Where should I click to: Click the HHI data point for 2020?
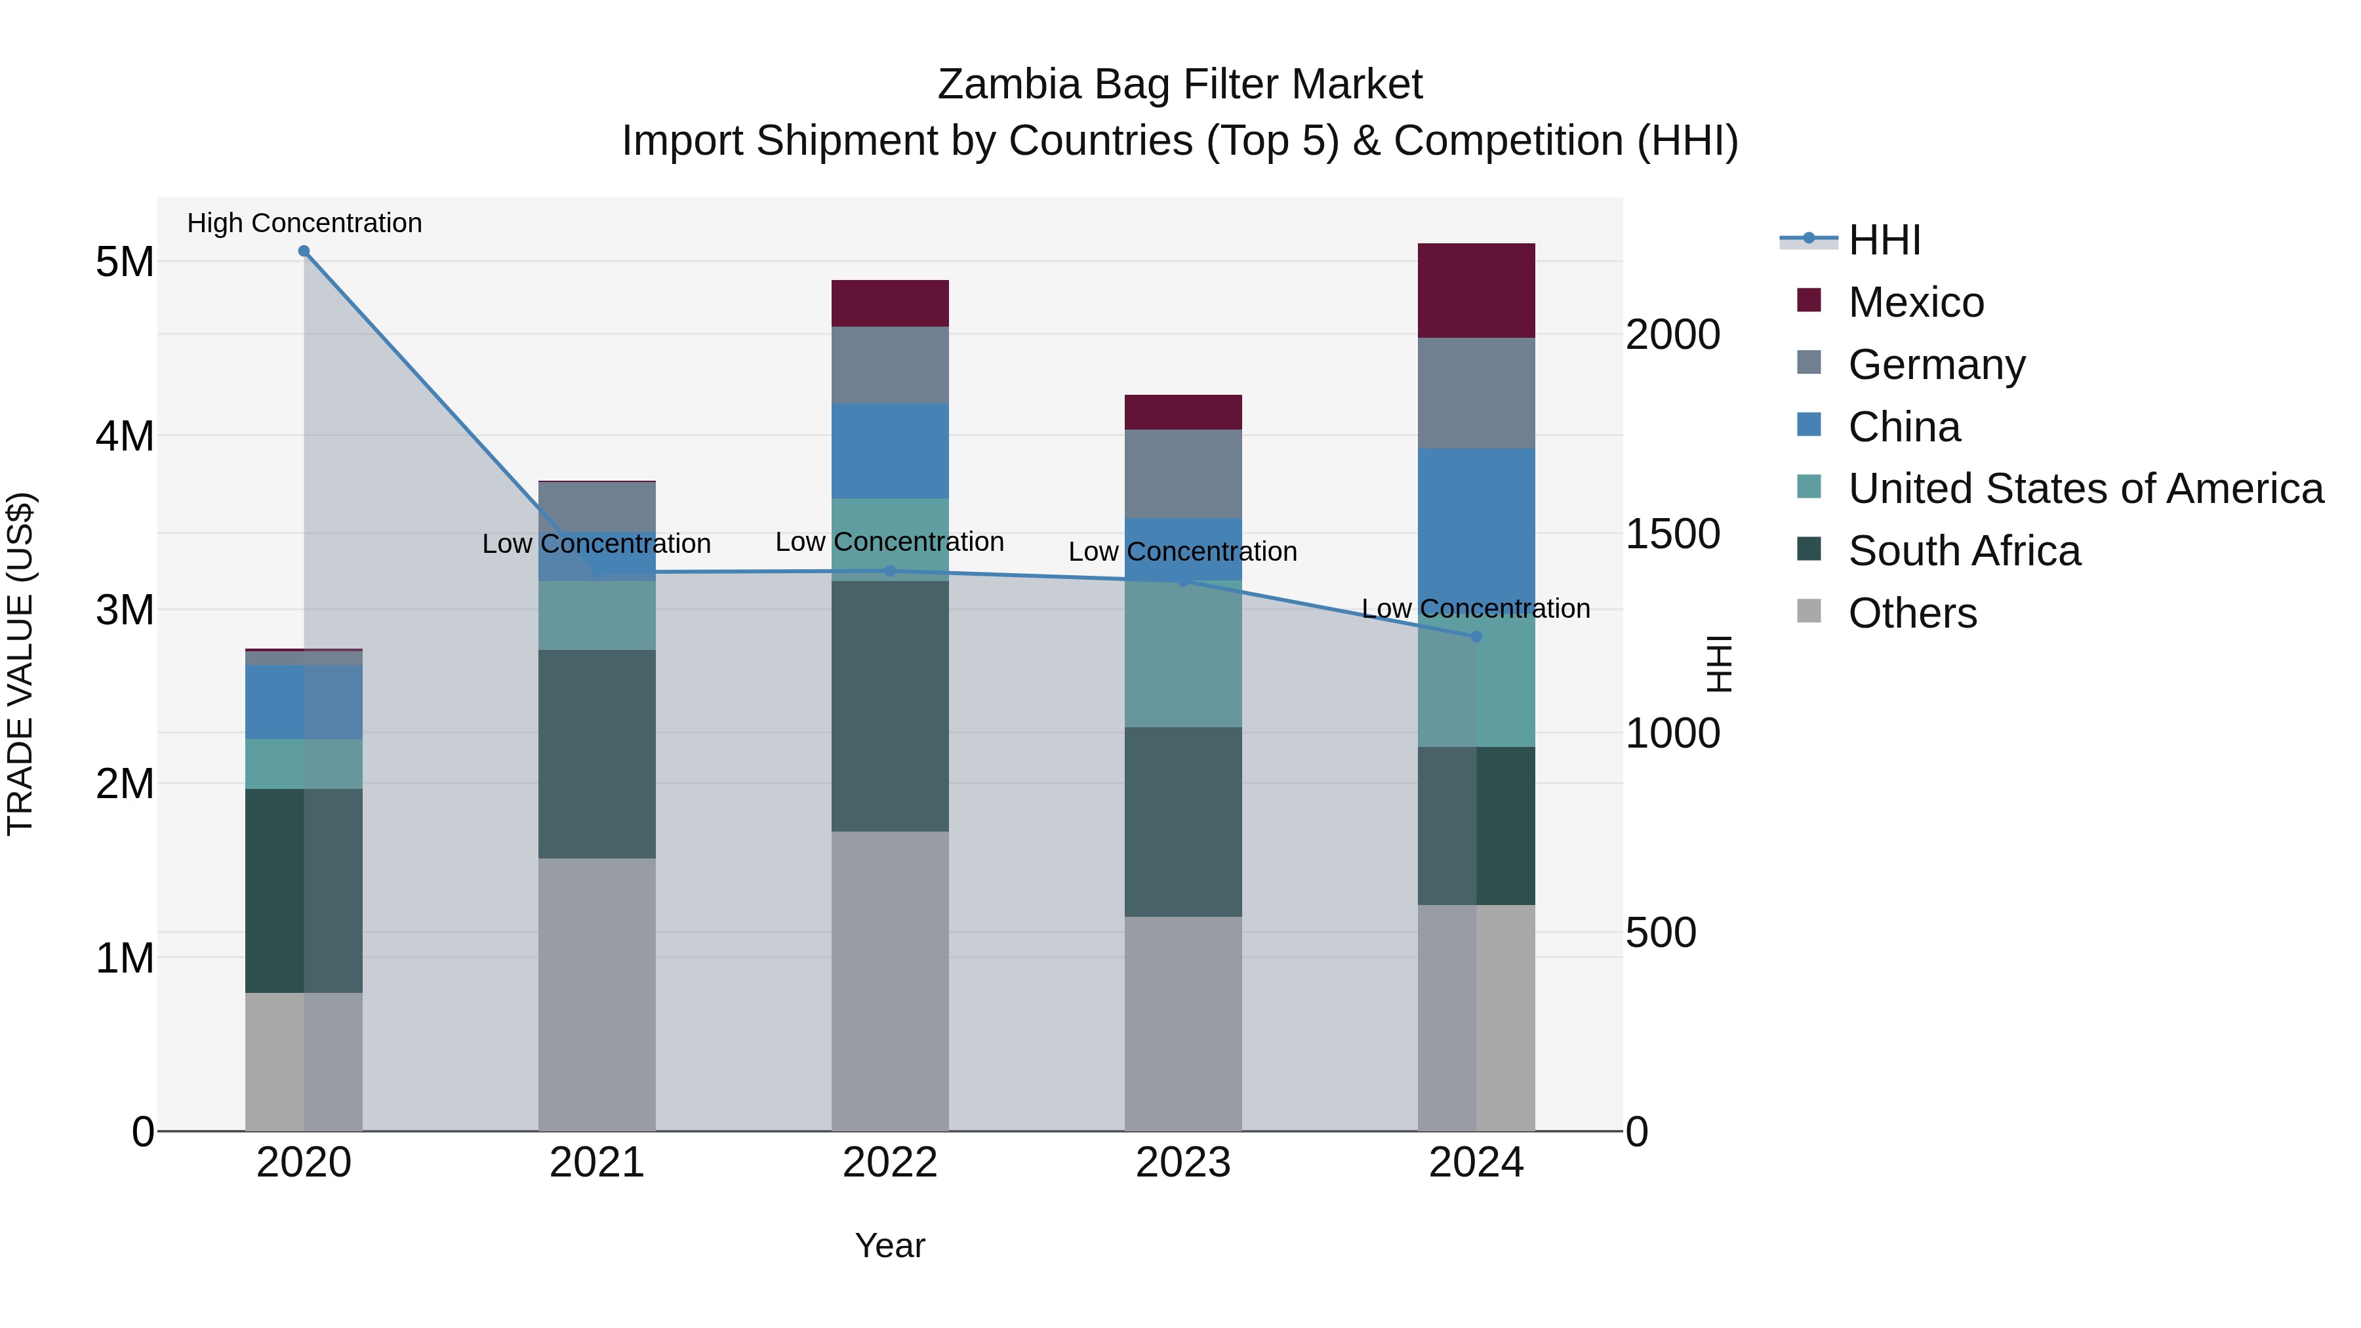(304, 251)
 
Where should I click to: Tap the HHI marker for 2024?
(1476, 636)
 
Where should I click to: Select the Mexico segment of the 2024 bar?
(1476, 291)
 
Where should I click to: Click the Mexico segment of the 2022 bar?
(889, 304)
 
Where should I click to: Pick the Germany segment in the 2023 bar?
(1182, 474)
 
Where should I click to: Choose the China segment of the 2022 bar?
(889, 451)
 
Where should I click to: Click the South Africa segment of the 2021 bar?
(597, 754)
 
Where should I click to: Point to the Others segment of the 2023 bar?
(1182, 1023)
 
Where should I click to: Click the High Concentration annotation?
(304, 223)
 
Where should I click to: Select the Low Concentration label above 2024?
(1476, 609)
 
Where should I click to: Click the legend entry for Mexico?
(1916, 302)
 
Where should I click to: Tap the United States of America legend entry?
(2085, 489)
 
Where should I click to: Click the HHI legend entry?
(1884, 240)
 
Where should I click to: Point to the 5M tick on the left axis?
(125, 262)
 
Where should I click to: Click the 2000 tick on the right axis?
(1672, 334)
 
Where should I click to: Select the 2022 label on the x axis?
(889, 1163)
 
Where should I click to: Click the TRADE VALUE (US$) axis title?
(20, 664)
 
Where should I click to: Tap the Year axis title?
(889, 1245)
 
